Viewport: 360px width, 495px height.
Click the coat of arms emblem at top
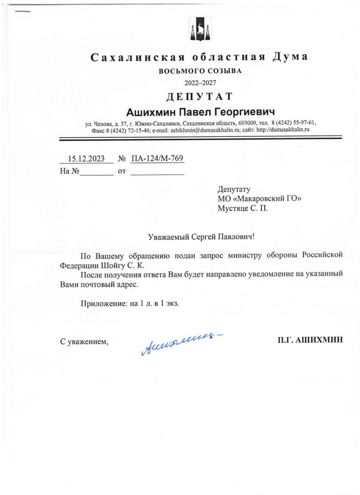click(199, 30)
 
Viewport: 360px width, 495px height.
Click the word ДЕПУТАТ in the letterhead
click(199, 96)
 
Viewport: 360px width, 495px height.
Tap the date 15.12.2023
click(86, 158)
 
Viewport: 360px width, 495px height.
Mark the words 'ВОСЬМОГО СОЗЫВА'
click(200, 71)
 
